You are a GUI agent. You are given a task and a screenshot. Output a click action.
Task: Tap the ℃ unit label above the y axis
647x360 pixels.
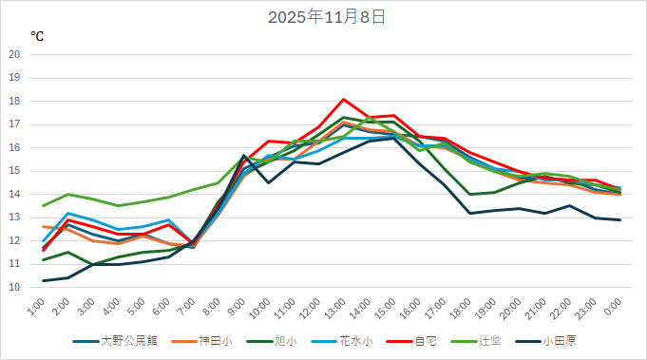pyautogui.click(x=36, y=37)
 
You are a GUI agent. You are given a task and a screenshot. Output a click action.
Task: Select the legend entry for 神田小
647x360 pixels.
pyautogui.click(x=215, y=339)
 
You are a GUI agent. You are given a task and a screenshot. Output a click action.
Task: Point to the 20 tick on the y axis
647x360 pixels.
pyautogui.click(x=14, y=54)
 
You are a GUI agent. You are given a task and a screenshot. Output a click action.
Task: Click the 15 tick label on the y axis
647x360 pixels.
pyautogui.click(x=14, y=171)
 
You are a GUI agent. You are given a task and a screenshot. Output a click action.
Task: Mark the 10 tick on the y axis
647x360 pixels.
pyautogui.click(x=14, y=287)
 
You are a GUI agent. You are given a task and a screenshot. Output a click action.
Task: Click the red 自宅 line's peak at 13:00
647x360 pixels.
pyautogui.click(x=344, y=99)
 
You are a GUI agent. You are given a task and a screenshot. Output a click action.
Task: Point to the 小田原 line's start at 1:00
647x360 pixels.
pyautogui.click(x=44, y=280)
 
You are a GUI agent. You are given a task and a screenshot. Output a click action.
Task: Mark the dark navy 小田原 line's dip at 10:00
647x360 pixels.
pyautogui.click(x=269, y=182)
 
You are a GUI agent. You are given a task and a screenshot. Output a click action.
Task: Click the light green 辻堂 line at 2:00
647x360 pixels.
pyautogui.click(x=68, y=194)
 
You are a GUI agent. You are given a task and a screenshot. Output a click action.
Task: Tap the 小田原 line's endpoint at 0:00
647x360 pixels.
pyautogui.click(x=619, y=219)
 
